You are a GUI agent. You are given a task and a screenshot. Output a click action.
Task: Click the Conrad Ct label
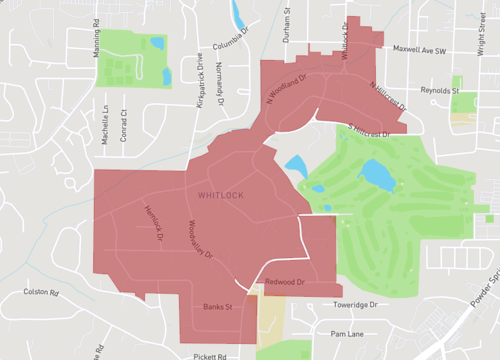(125, 126)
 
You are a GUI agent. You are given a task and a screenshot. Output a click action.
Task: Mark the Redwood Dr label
(284, 283)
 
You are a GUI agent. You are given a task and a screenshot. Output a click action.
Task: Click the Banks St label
(217, 305)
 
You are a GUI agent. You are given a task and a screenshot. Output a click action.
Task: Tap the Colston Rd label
(41, 293)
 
